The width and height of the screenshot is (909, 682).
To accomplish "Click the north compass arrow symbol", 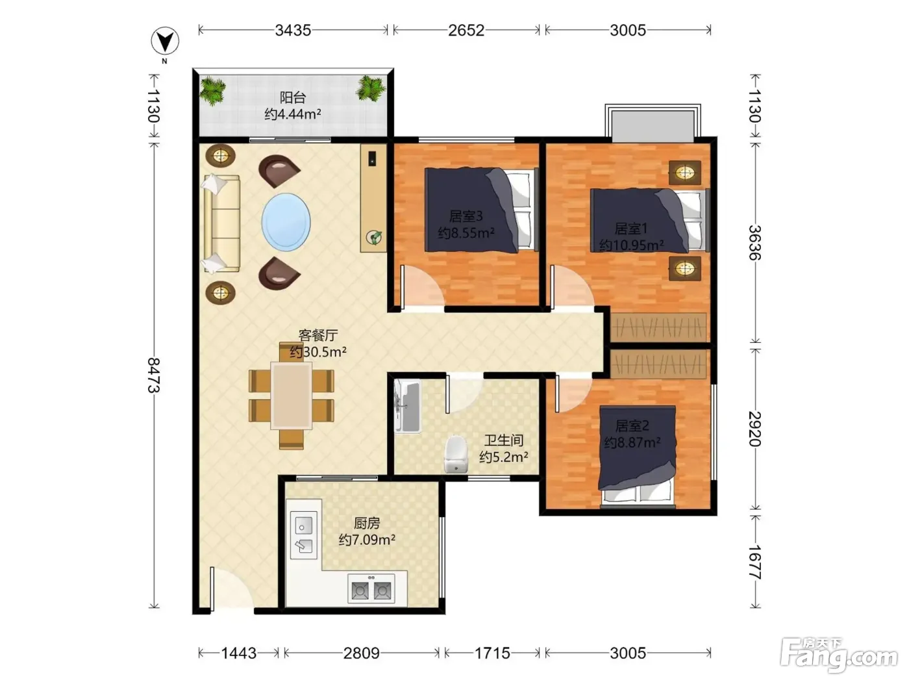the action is point(165,41).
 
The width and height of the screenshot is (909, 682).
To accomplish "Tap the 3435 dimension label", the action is point(293,31).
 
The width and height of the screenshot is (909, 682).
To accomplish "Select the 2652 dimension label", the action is point(466,31).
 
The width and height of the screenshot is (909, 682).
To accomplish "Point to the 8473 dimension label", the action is point(154,375).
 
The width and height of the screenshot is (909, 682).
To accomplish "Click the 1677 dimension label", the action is point(755,562).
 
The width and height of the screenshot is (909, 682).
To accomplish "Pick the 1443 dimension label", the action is point(238,653).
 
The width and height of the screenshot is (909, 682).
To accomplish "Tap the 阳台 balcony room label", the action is point(293,97).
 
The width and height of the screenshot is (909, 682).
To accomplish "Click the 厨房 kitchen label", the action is point(366,524).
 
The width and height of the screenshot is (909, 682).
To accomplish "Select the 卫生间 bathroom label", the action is point(504,440).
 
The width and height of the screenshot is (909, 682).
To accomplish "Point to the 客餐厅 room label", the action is point(318,335).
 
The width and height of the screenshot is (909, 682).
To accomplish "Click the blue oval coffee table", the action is point(286,222).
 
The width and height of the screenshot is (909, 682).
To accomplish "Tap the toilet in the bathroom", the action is point(456,454).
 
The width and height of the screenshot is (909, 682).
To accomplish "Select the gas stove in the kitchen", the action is point(371,588).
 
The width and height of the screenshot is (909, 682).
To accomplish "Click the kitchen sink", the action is point(304,535).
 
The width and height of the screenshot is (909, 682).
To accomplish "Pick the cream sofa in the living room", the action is point(221,223).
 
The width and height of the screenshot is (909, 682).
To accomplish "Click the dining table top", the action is point(291,396).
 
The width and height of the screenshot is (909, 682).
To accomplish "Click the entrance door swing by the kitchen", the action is point(230,589).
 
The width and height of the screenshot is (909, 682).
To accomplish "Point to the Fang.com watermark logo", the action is point(838,655).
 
